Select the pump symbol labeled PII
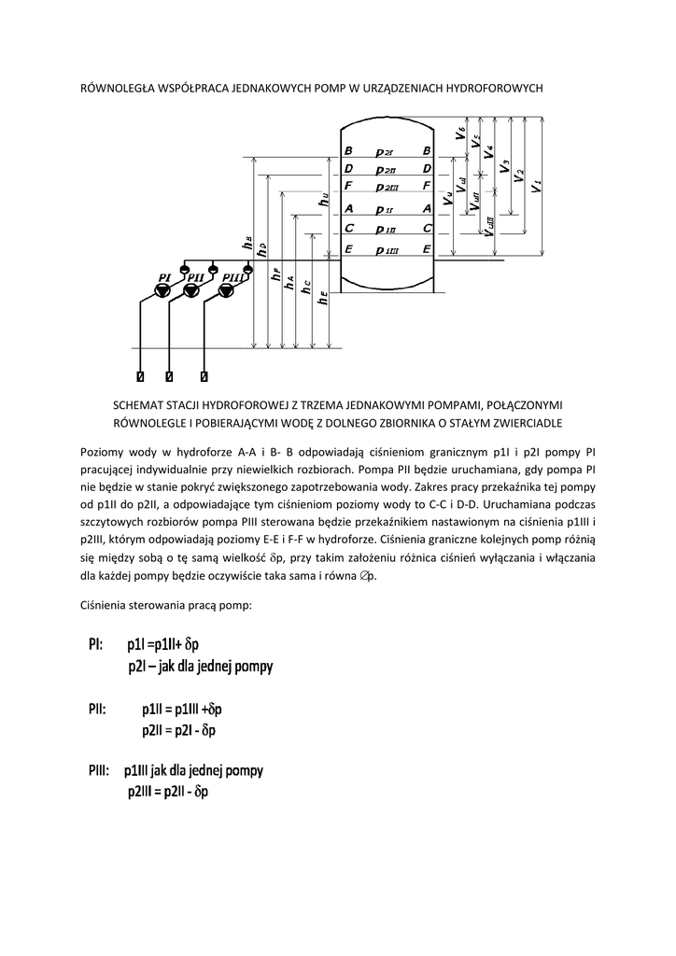pos(191,291)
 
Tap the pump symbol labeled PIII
pos(224,291)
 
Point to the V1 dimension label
pos(536,185)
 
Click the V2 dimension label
pos(519,176)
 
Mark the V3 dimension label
pos(504,168)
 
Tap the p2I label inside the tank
pos(385,151)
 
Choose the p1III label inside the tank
pos(387,250)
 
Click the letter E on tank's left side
pos(348,249)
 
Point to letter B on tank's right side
pos(427,150)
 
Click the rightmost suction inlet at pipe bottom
pos(204,377)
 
